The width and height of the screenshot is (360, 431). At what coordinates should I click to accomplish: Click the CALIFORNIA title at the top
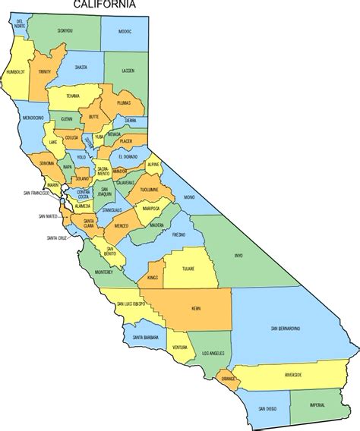point(106,5)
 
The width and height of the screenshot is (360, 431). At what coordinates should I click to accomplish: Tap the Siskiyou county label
point(66,30)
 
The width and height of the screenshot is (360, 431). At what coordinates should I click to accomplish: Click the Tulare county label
point(190,269)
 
